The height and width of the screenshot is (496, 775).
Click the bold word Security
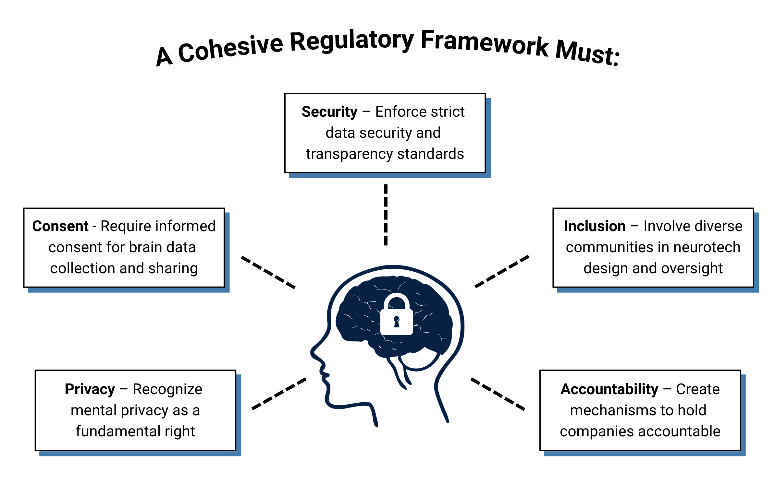point(329,112)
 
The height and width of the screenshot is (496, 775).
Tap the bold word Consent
point(60,226)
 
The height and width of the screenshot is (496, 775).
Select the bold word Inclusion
point(595,226)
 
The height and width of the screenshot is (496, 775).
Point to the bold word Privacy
point(90,389)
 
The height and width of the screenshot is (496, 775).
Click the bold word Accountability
point(609,389)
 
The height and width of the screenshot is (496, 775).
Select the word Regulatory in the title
point(352,41)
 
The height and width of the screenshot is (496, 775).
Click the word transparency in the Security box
point(350,154)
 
